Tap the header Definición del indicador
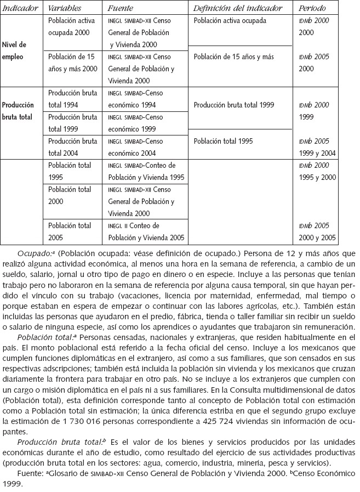coord(237,9)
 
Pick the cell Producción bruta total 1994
coord(73,99)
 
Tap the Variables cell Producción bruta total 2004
coord(73,146)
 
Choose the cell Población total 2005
coord(70,231)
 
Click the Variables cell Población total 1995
coord(70,171)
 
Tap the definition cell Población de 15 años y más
coord(233,57)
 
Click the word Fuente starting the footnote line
coord(29,473)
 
